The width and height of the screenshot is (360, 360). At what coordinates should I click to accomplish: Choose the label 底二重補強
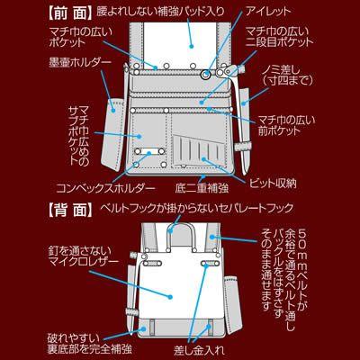tap(193, 187)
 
